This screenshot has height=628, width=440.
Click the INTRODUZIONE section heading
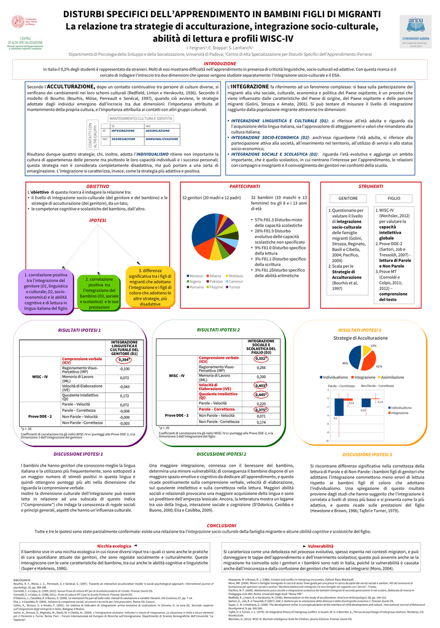(220, 63)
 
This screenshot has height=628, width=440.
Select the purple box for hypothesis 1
(46, 292)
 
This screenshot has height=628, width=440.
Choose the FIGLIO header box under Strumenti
(393, 198)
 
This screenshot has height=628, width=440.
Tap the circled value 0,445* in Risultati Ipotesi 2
(261, 394)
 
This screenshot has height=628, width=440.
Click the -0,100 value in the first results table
(125, 369)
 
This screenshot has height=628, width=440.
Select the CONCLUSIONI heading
(219, 526)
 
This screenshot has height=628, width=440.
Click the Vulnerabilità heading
(320, 545)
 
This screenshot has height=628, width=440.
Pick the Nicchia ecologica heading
(114, 545)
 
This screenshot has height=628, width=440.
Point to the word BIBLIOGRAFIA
(21, 579)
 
